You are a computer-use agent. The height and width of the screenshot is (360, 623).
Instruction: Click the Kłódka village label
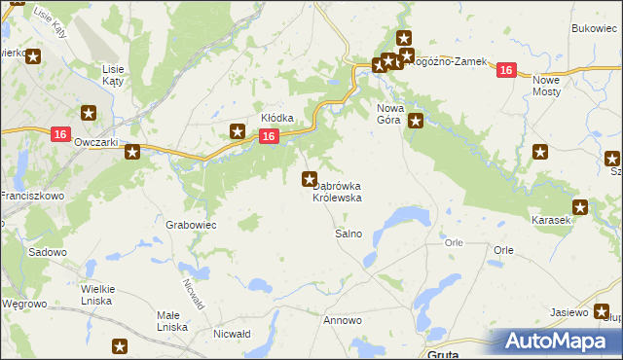tap(277, 118)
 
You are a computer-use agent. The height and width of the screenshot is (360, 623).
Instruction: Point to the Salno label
tap(348, 234)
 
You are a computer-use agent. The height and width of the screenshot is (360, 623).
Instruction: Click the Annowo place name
tap(343, 320)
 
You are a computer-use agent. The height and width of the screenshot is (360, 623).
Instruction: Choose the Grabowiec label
tap(191, 224)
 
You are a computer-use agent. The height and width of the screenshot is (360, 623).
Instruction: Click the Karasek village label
tap(551, 221)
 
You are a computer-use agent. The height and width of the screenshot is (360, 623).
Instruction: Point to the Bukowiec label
tap(596, 30)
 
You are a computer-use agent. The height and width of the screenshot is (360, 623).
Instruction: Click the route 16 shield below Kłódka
tap(269, 137)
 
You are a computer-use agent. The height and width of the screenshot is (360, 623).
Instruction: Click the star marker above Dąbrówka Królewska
tap(310, 178)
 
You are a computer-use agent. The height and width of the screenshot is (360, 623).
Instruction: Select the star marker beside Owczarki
tap(132, 151)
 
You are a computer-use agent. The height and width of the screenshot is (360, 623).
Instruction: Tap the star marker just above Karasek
tap(580, 206)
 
